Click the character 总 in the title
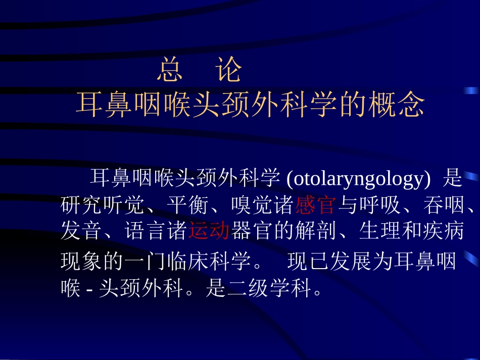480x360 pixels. [x=170, y=71]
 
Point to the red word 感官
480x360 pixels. [x=315, y=205]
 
